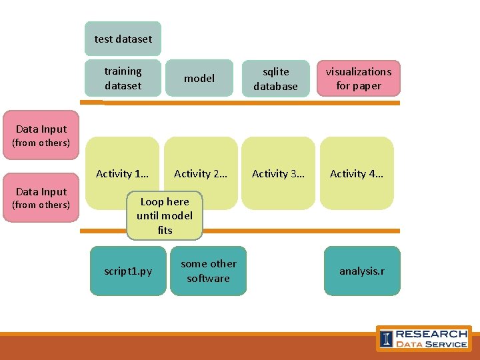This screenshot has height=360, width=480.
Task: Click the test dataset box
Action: click(x=123, y=39)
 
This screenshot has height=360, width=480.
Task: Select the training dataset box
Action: click(x=123, y=78)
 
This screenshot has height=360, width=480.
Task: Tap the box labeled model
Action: click(x=199, y=78)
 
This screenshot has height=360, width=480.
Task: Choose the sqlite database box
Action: click(x=275, y=78)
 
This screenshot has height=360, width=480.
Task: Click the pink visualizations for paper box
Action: click(x=359, y=78)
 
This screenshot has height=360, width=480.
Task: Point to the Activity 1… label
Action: click(x=122, y=174)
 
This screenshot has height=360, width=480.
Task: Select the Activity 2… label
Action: click(x=200, y=174)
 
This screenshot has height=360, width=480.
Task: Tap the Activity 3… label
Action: click(x=278, y=174)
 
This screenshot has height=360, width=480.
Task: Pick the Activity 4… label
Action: click(x=357, y=174)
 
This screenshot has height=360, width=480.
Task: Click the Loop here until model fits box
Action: click(x=165, y=216)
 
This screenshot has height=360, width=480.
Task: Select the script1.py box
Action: click(x=128, y=271)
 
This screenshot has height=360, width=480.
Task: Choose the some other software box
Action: click(x=208, y=271)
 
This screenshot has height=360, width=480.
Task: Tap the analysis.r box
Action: click(x=361, y=271)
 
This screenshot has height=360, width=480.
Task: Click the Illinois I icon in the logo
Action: click(x=386, y=339)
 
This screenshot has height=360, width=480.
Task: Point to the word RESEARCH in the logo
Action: click(x=431, y=333)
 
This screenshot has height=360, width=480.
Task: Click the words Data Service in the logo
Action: click(x=431, y=344)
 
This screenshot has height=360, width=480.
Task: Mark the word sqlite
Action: click(x=275, y=71)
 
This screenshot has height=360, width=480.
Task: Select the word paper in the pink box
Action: click(x=367, y=86)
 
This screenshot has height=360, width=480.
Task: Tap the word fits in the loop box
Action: click(x=165, y=231)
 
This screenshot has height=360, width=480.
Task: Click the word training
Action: click(x=123, y=71)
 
